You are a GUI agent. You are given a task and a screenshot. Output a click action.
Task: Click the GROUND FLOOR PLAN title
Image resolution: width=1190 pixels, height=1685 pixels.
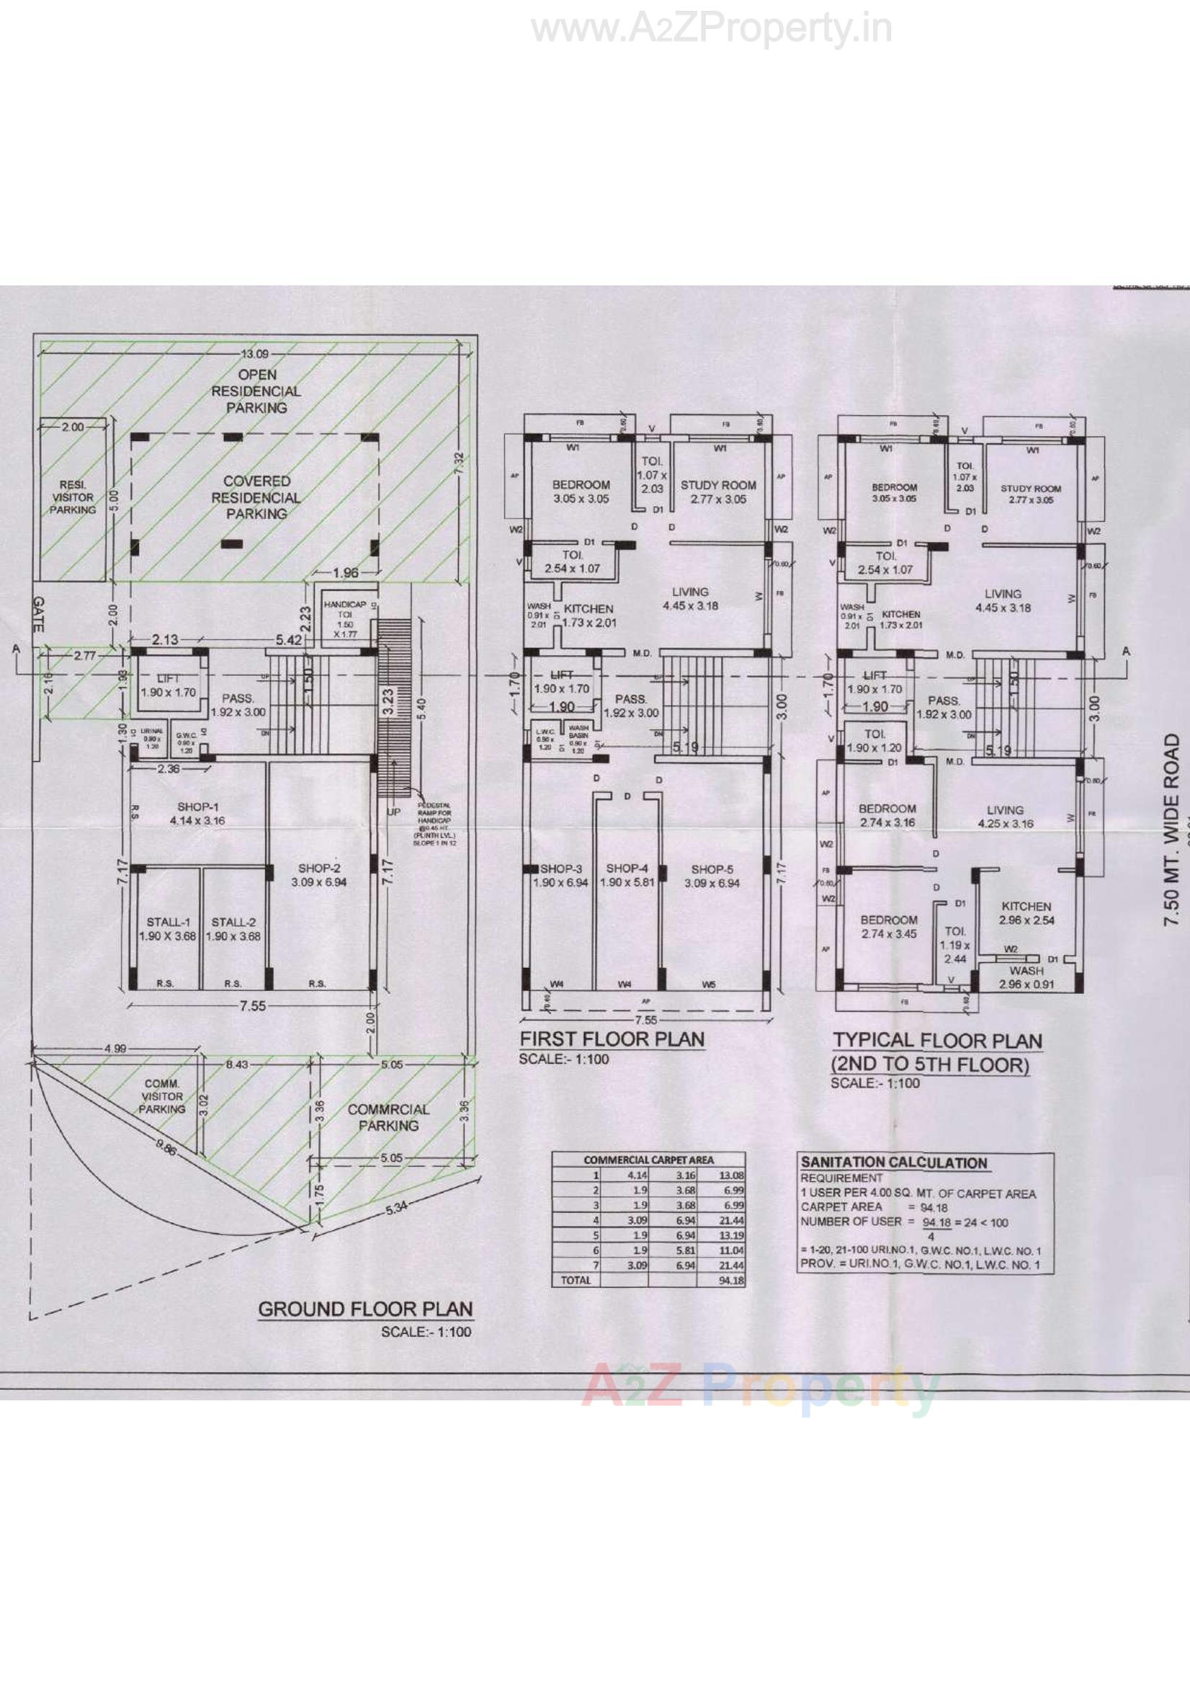pos(365,1310)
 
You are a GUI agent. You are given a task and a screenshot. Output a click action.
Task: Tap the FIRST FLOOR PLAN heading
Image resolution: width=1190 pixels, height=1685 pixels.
pos(612,1039)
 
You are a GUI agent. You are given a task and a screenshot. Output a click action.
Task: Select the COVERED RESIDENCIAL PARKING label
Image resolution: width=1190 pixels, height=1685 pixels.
pos(256,497)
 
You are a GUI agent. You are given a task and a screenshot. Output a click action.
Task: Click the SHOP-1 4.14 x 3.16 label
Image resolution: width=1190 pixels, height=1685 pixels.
pos(197,814)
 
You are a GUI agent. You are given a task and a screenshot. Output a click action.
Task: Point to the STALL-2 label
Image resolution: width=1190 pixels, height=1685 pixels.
pos(233,929)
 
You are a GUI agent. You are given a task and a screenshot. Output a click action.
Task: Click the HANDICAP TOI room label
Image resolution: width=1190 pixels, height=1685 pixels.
pos(345,618)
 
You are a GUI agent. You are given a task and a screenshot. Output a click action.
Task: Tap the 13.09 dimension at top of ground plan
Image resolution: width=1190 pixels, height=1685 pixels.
pos(256,354)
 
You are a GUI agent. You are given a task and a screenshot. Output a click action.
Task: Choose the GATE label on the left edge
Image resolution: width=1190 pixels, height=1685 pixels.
pos(39,613)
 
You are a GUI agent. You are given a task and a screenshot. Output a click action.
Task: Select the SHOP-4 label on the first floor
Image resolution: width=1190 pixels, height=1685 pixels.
pos(627,875)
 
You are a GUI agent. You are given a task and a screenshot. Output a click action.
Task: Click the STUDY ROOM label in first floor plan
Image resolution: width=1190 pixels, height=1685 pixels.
pos(717,492)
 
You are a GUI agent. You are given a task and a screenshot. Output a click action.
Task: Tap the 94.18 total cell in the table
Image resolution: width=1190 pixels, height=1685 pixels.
pos(731,1281)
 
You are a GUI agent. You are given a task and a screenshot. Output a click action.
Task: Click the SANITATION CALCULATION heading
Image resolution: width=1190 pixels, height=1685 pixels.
pos(894,1162)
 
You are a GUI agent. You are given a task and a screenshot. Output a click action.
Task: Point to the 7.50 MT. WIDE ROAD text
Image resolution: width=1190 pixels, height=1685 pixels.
pos(1173,830)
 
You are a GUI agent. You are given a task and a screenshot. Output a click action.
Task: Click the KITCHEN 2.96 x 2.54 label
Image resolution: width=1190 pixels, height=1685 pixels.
pos(1026,913)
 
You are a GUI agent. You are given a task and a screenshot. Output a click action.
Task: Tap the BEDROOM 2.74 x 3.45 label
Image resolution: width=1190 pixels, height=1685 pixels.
pos(888,927)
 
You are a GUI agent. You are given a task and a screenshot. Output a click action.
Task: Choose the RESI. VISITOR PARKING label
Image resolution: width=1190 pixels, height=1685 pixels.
pos(73,497)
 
